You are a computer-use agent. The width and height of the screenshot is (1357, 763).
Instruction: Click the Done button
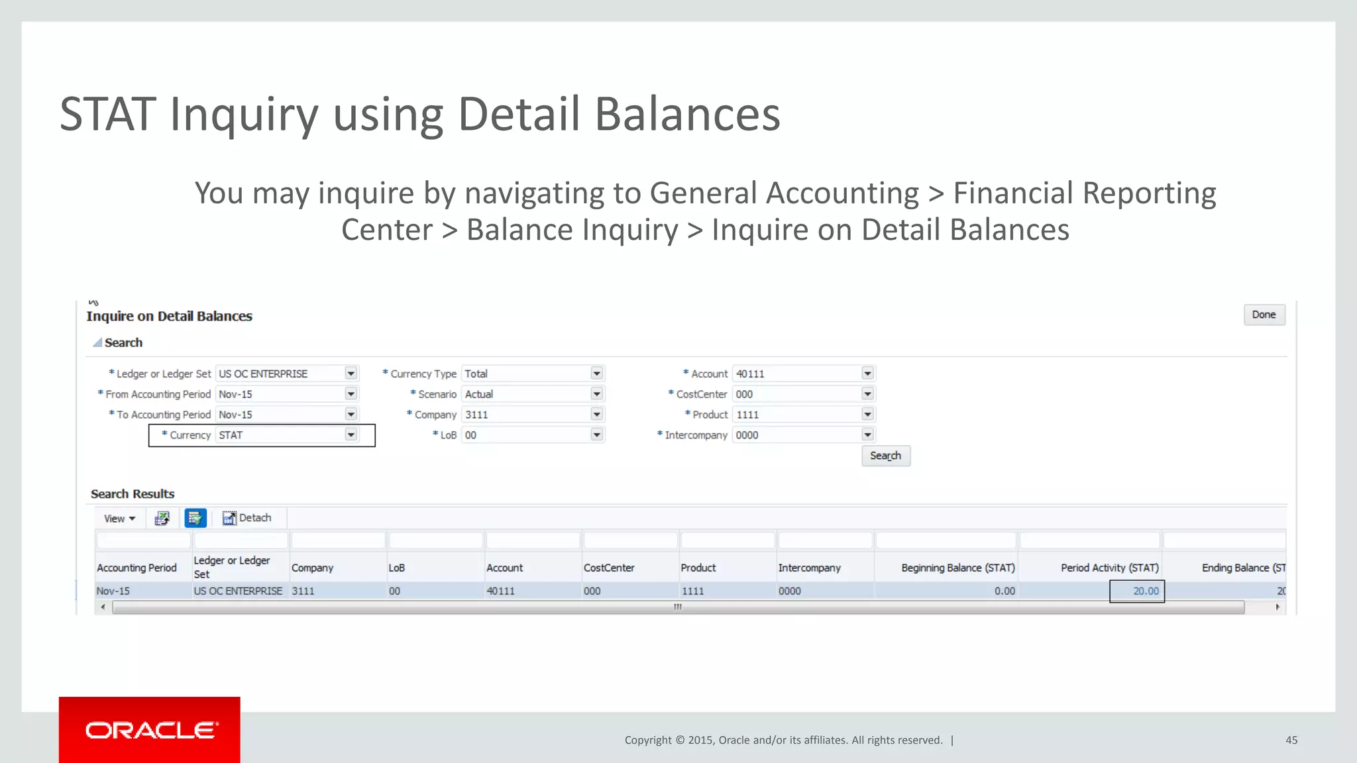point(1264,315)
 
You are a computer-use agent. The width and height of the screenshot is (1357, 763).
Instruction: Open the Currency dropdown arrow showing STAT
point(351,434)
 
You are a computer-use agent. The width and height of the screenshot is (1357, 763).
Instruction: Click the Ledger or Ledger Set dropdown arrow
point(351,374)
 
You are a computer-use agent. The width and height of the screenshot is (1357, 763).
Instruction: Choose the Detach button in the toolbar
point(247,518)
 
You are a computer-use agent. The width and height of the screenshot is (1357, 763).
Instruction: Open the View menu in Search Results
point(119,519)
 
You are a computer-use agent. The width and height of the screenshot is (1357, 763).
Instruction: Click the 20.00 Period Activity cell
point(1137,591)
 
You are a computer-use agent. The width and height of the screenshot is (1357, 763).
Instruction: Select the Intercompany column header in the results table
point(809,568)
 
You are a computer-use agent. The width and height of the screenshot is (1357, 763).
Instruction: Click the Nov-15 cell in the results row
point(113,591)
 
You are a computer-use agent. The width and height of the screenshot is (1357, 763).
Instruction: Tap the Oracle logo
point(150,730)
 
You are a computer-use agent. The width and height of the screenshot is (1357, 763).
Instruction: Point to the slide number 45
point(1291,740)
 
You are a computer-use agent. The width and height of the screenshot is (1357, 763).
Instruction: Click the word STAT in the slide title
point(108,115)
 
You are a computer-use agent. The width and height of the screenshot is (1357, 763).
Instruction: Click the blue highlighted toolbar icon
point(195,518)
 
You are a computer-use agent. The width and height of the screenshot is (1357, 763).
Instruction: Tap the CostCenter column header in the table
point(609,568)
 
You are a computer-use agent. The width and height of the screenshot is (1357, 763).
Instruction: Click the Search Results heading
point(133,494)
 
